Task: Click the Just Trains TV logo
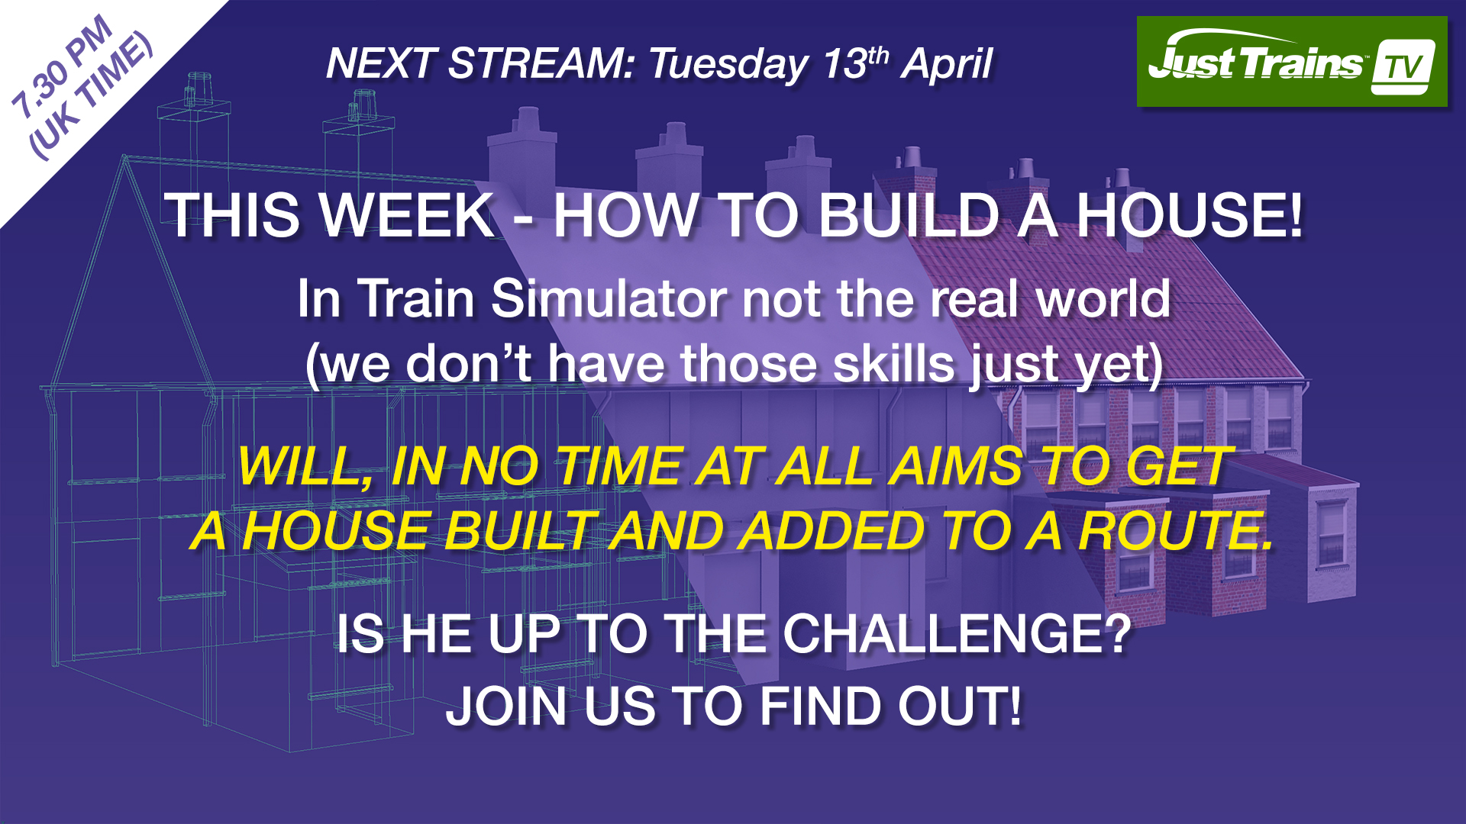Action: (1291, 62)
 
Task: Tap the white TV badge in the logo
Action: (1403, 67)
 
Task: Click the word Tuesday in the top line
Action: (728, 64)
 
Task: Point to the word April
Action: (947, 64)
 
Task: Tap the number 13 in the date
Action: (844, 64)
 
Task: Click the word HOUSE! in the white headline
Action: (1189, 215)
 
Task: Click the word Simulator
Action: (608, 298)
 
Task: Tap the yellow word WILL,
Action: (305, 466)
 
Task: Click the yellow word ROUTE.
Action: (1176, 531)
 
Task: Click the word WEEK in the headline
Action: (408, 215)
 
